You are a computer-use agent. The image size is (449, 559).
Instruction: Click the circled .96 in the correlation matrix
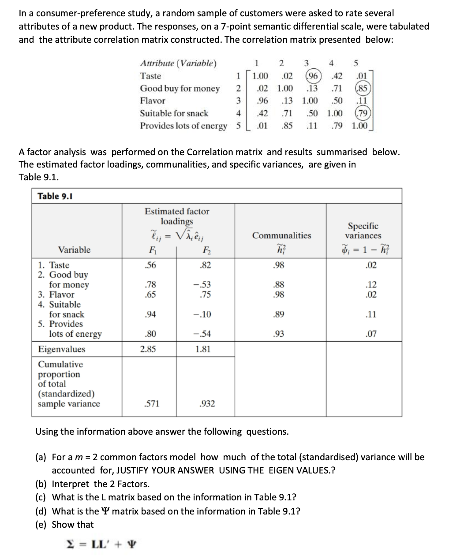[x=314, y=76]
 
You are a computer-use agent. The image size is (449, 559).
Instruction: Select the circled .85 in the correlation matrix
[x=363, y=88]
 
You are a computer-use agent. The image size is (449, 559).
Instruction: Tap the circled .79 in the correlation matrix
[x=363, y=113]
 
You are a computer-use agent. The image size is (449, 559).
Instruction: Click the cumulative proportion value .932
[x=207, y=403]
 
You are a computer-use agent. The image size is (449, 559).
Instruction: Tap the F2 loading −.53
[x=202, y=285]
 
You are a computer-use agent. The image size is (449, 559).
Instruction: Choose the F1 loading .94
[x=151, y=314]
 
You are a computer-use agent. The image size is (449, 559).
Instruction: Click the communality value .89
[x=278, y=314]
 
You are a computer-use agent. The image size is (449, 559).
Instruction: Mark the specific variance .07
[x=371, y=334]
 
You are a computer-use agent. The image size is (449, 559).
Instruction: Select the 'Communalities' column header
[x=281, y=235]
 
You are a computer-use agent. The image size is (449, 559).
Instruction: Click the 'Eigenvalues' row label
[x=62, y=349]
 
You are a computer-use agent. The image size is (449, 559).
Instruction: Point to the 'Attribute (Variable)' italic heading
[x=178, y=63]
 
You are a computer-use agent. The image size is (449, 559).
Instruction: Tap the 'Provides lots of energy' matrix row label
[x=183, y=126]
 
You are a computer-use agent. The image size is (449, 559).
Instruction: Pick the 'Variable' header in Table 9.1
[x=74, y=250]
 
